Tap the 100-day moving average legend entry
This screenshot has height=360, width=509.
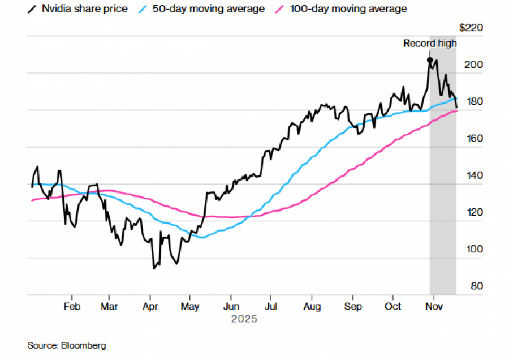click(x=342, y=9)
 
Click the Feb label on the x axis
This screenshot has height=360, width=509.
click(x=72, y=306)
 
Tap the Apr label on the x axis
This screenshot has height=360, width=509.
click(x=150, y=306)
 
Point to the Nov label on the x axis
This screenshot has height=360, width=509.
click(x=433, y=306)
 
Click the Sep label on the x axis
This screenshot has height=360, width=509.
click(x=353, y=306)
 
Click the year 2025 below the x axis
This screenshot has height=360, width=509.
click(x=244, y=319)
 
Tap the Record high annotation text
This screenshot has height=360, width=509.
click(x=429, y=44)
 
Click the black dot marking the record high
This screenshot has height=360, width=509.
click(x=430, y=60)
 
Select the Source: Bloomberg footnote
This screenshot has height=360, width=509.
click(x=67, y=345)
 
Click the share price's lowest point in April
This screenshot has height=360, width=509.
click(x=153, y=268)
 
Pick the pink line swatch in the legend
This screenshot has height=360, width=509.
click(x=281, y=9)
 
